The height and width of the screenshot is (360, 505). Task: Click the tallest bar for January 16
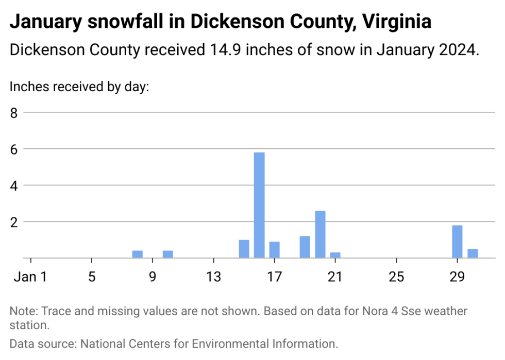259,205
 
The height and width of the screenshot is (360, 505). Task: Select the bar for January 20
320,234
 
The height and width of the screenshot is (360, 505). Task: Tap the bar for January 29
457,242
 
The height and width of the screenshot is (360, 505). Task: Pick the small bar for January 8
138,254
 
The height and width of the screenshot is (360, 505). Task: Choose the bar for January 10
168,254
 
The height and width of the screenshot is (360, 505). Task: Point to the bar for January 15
244,249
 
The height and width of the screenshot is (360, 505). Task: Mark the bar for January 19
305,247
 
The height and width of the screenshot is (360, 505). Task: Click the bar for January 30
473,253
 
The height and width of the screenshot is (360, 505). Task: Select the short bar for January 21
335,255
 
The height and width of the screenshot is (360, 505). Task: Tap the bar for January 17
275,250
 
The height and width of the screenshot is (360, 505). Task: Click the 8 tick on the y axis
14,112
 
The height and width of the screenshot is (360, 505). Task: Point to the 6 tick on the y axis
14,149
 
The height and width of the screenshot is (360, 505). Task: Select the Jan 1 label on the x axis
30,277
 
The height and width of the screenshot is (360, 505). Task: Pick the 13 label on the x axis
213,277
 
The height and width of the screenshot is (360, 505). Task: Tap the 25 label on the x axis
396,277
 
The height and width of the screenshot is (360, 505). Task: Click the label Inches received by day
79,87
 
